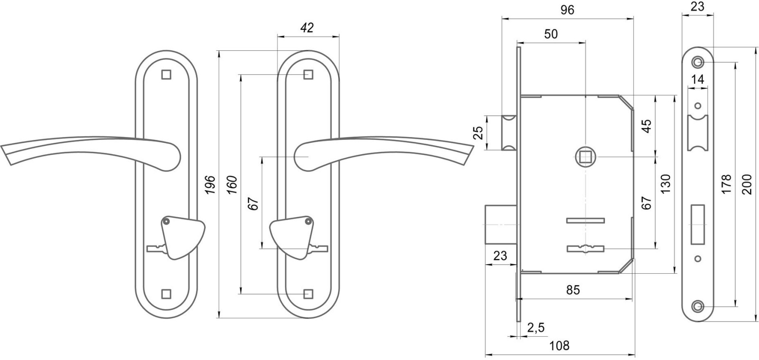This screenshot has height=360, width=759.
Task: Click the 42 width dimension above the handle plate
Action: (x=307, y=28)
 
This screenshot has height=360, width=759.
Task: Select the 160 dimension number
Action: (x=232, y=185)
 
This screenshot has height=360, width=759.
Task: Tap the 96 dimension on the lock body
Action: (x=567, y=10)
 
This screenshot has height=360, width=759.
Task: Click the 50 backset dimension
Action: (x=551, y=34)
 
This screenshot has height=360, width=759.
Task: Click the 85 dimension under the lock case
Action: (x=573, y=290)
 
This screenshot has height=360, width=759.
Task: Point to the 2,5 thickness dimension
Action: (x=536, y=327)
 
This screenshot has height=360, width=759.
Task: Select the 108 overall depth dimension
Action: (x=559, y=346)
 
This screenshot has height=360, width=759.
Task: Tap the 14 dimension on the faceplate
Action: (x=697, y=79)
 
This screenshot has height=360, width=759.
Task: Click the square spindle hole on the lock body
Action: (x=585, y=156)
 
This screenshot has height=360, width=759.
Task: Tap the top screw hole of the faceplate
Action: (x=697, y=62)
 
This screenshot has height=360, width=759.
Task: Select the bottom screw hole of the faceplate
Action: (x=697, y=306)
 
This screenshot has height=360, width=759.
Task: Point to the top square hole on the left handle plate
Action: (x=166, y=74)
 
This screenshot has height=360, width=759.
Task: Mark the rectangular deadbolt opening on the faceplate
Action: (x=697, y=223)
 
